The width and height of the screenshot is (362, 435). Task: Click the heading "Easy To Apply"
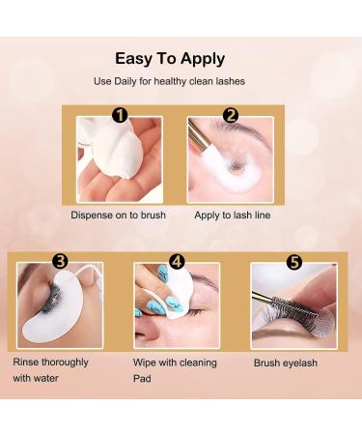170,60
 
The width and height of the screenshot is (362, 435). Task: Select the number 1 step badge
120,115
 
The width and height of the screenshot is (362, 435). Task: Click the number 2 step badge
231,115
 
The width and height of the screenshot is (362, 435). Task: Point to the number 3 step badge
61,261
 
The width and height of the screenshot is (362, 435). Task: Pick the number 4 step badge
177,261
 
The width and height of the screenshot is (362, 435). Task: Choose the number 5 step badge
294,262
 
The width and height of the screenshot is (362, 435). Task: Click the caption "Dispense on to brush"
118,215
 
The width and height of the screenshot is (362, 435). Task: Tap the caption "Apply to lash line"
233,216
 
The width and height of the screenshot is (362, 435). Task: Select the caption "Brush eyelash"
286,363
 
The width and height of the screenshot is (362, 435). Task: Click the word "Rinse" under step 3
26,362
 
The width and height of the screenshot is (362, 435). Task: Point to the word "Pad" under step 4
142,378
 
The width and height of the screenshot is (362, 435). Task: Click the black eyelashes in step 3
51,298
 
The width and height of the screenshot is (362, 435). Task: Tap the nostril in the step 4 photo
146,336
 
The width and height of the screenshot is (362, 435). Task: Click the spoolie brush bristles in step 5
294,307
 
